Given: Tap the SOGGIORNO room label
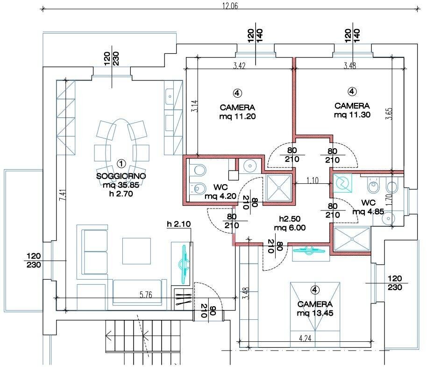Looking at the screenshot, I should coord(121,176).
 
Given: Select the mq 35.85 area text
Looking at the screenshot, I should coord(121,185).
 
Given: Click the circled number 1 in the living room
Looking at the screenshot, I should coord(121,164).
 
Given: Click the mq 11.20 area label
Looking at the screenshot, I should coord(237,116).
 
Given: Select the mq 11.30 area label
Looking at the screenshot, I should coord(352,115).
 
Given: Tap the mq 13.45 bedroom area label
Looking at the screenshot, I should coord(315,313).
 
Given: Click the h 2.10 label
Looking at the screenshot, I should coord(179,224).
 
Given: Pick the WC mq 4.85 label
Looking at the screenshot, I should coord(369,207).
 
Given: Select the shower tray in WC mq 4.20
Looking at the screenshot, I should coord(279,188).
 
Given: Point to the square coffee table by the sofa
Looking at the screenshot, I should coord(136,251).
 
